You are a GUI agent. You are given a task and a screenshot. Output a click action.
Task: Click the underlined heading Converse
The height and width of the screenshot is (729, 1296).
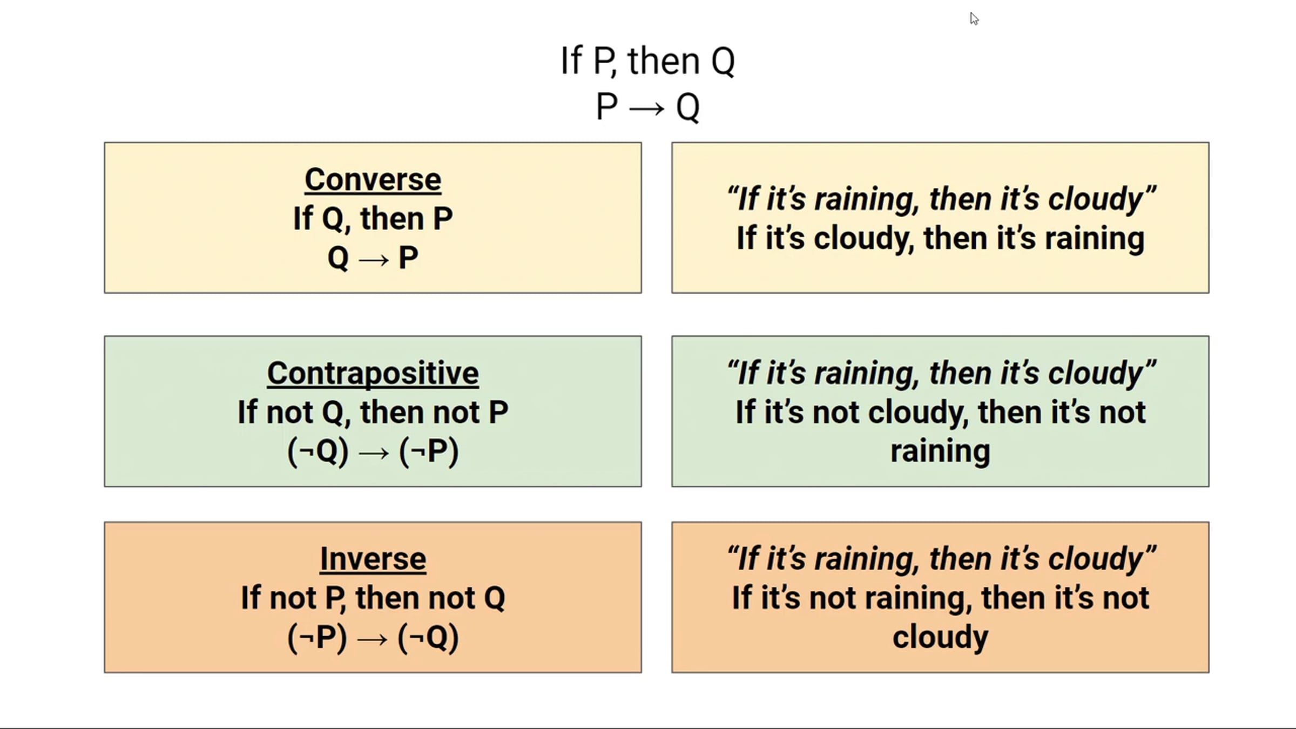pyautogui.click(x=373, y=180)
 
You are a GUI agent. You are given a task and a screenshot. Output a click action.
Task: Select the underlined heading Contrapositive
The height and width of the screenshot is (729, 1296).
pyautogui.click(x=373, y=374)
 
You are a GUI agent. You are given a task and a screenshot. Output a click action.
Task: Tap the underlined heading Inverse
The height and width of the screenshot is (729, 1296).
pyautogui.click(x=373, y=559)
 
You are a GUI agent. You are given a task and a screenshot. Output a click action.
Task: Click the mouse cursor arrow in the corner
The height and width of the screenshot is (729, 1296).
pyautogui.click(x=974, y=19)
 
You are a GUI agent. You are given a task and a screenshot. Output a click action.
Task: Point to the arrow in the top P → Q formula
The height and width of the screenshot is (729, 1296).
pyautogui.click(x=646, y=109)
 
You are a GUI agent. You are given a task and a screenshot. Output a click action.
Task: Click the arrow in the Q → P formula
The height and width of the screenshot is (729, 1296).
pyautogui.click(x=373, y=260)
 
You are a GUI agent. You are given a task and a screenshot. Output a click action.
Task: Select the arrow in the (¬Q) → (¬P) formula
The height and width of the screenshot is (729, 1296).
pyautogui.click(x=373, y=453)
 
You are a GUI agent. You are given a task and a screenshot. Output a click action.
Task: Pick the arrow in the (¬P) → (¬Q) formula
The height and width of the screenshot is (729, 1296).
pyautogui.click(x=373, y=639)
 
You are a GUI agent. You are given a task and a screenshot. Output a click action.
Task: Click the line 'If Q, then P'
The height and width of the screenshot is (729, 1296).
pyautogui.click(x=373, y=219)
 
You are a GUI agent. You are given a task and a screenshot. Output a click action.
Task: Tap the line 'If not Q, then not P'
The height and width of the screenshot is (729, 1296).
pyautogui.click(x=373, y=413)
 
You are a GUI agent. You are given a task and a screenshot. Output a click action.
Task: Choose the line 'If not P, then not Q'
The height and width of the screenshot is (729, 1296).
pyautogui.click(x=373, y=598)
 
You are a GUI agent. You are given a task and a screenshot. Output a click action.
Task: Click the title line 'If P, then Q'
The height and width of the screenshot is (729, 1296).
pyautogui.click(x=647, y=61)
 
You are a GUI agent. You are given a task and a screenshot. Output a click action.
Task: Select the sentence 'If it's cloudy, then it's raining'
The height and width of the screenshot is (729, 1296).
pyautogui.click(x=940, y=239)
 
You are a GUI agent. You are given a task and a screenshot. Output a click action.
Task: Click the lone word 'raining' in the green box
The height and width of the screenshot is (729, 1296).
pyautogui.click(x=940, y=451)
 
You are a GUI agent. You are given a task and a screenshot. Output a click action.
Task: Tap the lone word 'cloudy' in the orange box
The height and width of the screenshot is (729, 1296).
pyautogui.click(x=940, y=637)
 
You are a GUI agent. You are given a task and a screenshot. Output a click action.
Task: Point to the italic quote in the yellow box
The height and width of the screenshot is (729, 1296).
pyautogui.click(x=941, y=199)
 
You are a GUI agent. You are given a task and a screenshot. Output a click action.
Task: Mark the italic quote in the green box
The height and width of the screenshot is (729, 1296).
pyautogui.click(x=941, y=373)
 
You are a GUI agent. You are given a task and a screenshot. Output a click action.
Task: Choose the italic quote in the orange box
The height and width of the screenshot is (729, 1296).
pyautogui.click(x=941, y=558)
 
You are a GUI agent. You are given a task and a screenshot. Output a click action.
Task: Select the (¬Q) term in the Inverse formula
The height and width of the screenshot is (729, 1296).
pyautogui.click(x=428, y=638)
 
